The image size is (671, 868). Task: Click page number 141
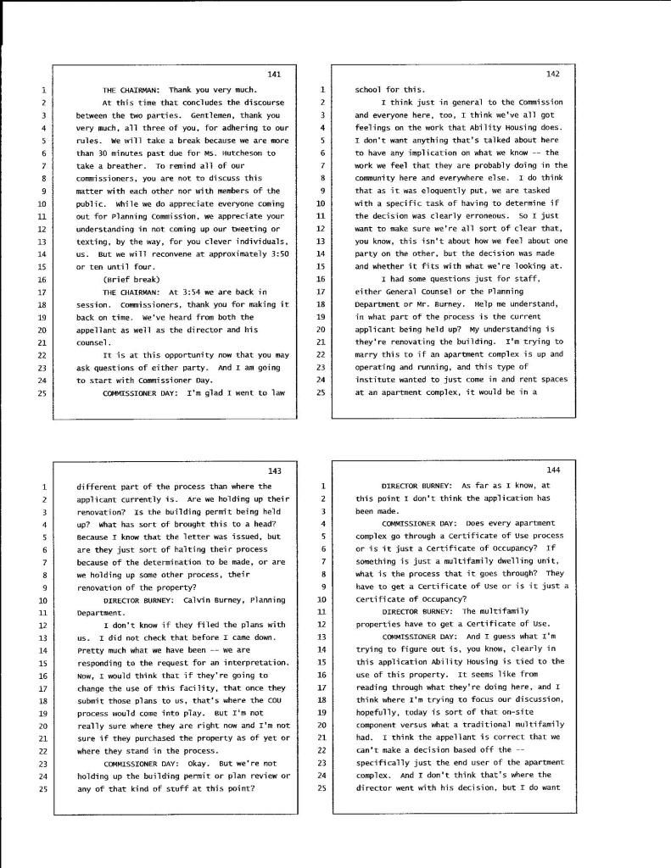click(273, 75)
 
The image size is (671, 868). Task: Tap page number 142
click(552, 75)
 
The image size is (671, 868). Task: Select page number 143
click(273, 471)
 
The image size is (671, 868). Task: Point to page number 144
click(553, 471)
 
